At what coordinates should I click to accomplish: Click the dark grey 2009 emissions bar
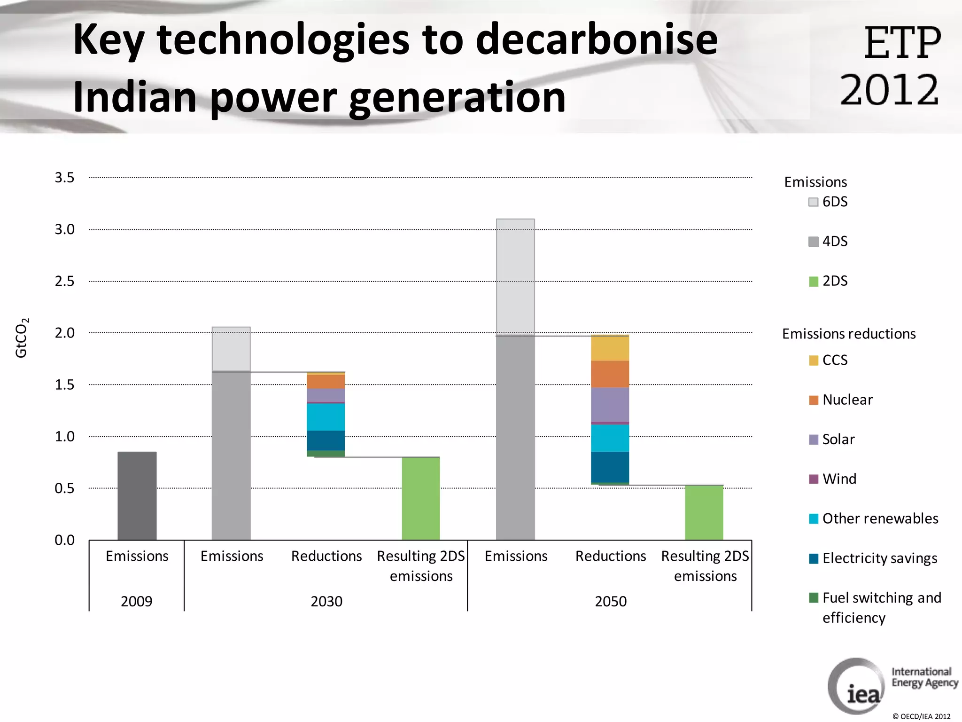pos(137,496)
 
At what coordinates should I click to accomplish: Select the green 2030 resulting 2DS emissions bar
pos(421,498)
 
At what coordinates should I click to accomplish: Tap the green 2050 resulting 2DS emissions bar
pos(704,512)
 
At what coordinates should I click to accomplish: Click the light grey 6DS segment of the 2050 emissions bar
pos(515,277)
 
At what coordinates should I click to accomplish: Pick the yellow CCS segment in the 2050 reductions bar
pos(610,348)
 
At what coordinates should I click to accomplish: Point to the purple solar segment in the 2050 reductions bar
pos(610,404)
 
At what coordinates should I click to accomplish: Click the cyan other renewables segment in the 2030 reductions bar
pos(326,417)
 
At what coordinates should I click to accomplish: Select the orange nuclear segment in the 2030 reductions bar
pos(326,381)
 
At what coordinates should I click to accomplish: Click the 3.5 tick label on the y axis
pos(64,178)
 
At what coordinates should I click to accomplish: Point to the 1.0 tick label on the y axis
pos(64,437)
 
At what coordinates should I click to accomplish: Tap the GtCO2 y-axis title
pos(22,337)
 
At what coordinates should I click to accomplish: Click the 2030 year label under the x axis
pos(326,601)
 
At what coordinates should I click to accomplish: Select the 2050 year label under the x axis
pos(611,601)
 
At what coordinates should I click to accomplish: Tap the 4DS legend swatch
pos(814,242)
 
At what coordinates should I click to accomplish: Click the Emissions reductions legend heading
pos(849,334)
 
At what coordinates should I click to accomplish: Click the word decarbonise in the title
pos(597,39)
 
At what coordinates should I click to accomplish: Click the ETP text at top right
pos(902,43)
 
